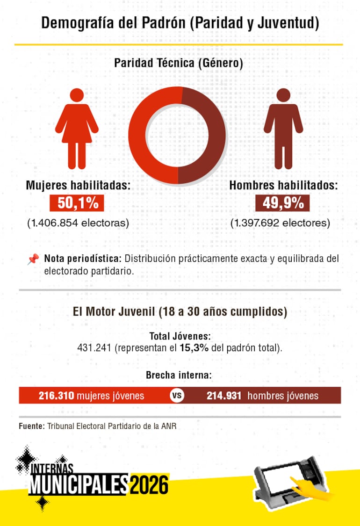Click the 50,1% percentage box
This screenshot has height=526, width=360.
77,203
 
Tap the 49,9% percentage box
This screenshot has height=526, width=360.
282,203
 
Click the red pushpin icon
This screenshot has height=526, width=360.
33,259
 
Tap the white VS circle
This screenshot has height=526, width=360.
177,396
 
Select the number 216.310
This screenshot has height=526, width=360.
57,396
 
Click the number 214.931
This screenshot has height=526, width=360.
224,396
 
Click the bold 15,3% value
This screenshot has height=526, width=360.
194,348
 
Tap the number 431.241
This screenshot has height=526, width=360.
94,348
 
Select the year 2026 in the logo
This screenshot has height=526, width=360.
149,484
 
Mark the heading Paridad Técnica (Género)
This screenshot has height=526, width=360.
179,63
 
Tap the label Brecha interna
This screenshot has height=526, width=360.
179,375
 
